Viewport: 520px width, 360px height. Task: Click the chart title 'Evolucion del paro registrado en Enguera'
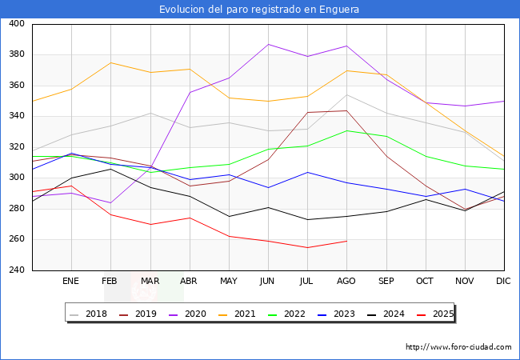pyautogui.click(x=259, y=10)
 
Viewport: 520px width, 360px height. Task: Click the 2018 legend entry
pyautogui.click(x=91, y=314)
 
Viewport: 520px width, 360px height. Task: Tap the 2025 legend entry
pyautogui.click(x=435, y=314)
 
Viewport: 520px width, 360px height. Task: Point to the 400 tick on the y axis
pyautogui.click(x=16, y=24)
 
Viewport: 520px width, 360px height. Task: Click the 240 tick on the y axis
pyautogui.click(x=16, y=270)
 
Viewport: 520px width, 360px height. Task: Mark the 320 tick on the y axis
pyautogui.click(x=16, y=147)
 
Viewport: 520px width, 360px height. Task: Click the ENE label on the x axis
pyautogui.click(x=71, y=282)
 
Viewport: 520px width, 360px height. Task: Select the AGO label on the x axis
pyautogui.click(x=346, y=282)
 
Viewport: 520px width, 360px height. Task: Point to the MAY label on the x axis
pyautogui.click(x=229, y=282)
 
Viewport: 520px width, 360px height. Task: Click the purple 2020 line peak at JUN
pyautogui.click(x=268, y=44)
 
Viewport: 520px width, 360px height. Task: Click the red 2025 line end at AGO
pyautogui.click(x=346, y=241)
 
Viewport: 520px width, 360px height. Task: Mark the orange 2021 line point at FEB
pyautogui.click(x=110, y=62)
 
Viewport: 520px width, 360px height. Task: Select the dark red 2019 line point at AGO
pyautogui.click(x=346, y=110)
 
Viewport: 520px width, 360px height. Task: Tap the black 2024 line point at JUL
pyautogui.click(x=307, y=219)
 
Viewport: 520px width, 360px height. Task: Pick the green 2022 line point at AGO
pyautogui.click(x=346, y=130)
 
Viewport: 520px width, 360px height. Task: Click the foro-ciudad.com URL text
pyautogui.click(x=458, y=347)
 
